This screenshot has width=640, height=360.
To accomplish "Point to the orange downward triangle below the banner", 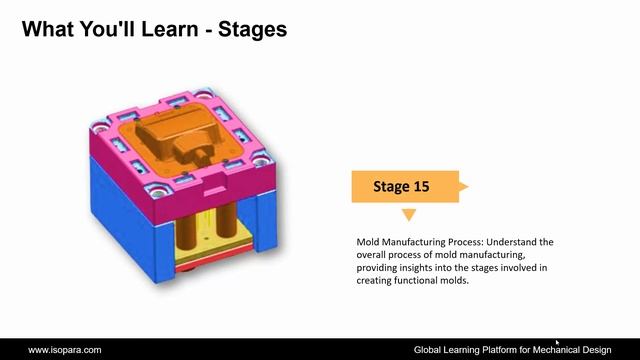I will [408, 215].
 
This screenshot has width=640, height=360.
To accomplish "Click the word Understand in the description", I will [504, 243].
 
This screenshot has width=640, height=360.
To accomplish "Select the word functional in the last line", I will [419, 281].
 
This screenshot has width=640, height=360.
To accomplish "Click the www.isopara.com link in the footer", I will [64, 350].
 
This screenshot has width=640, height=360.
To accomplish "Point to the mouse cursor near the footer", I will [557, 342].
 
